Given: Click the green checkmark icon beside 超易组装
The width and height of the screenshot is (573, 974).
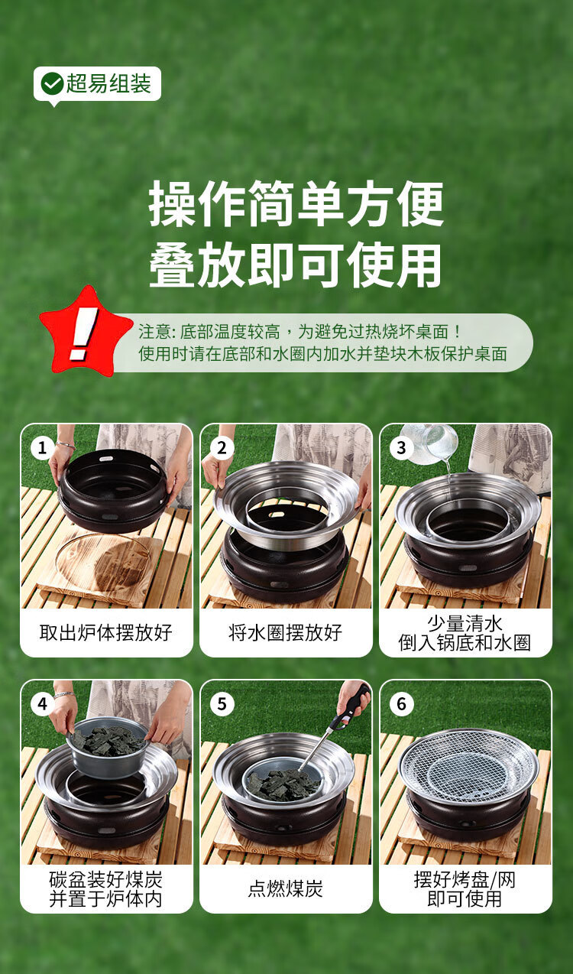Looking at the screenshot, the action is [x=53, y=83].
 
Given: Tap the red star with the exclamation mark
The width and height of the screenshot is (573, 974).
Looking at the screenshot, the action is [x=86, y=333].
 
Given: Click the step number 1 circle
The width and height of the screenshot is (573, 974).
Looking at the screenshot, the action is [x=42, y=447].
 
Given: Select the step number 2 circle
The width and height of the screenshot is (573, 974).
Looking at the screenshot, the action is [x=222, y=447].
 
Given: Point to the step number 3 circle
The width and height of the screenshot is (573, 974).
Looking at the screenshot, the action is [x=401, y=447].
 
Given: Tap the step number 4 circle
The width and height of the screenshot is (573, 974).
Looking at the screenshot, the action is [x=42, y=703].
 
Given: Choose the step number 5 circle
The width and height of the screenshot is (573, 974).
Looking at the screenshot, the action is [x=222, y=703].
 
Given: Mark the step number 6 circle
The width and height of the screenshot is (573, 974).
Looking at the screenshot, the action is [x=401, y=703].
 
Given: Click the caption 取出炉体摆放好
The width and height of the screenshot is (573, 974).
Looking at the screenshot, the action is [x=106, y=633].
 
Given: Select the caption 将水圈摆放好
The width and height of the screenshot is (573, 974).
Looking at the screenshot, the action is [x=286, y=633].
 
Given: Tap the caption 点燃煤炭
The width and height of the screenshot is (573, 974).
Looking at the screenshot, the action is [x=286, y=889].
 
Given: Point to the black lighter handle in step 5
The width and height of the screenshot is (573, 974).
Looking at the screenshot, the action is [x=353, y=705].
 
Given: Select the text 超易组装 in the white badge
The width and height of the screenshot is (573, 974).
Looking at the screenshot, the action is [x=108, y=83].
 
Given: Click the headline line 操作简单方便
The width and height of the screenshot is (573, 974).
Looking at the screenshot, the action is [x=296, y=203].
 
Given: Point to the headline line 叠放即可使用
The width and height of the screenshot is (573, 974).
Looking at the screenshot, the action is [x=296, y=265].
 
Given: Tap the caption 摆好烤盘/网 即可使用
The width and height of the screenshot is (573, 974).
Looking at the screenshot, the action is [x=465, y=889].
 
